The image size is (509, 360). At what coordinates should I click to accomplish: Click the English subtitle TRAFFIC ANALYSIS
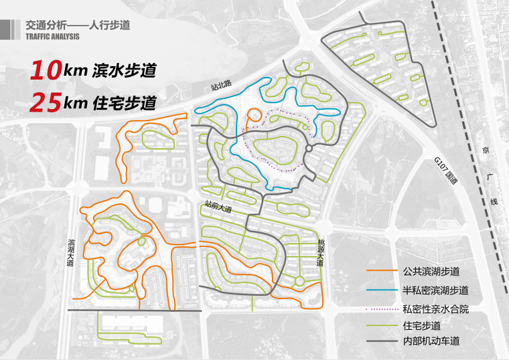pyautogui.click(x=52, y=37)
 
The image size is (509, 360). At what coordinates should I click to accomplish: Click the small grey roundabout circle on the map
pyautogui.click(x=309, y=147)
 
